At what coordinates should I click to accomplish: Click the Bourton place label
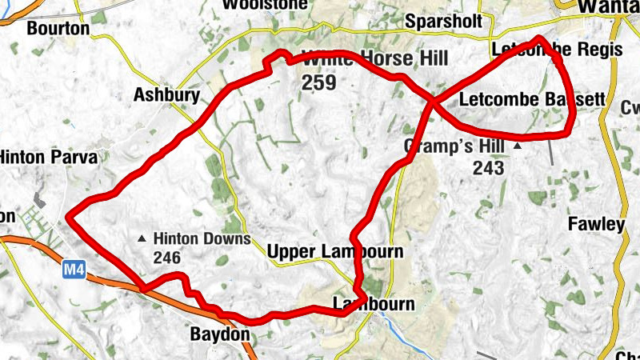59,29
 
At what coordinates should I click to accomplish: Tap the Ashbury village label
166,95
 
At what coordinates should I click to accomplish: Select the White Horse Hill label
374,59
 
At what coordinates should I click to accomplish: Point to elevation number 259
318,82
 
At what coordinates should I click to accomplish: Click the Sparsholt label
445,20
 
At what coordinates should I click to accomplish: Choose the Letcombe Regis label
557,50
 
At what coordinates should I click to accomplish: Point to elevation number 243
488,167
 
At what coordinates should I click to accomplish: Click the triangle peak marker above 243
518,146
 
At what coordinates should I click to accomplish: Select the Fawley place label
595,224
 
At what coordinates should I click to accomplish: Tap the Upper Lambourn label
334,251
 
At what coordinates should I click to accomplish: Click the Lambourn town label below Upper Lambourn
374,304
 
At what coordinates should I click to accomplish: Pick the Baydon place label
220,333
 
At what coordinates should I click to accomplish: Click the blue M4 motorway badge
74,271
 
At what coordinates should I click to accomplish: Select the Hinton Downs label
202,238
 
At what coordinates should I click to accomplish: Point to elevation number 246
169,258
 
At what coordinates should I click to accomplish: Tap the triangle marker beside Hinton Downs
142,238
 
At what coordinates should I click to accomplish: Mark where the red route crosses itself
433,102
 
